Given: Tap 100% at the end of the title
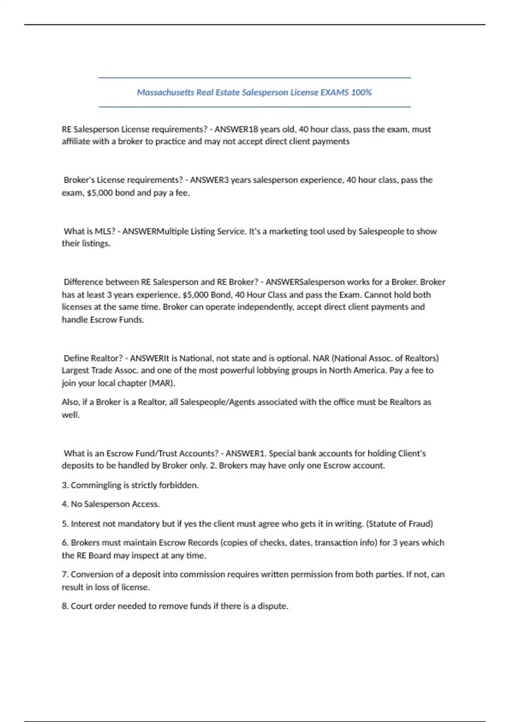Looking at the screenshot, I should pyautogui.click(x=361, y=93).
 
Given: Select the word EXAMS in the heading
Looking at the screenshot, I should pyautogui.click(x=334, y=93).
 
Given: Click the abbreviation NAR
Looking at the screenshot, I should pyautogui.click(x=321, y=358).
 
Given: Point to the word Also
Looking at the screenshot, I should pyautogui.click(x=70, y=402).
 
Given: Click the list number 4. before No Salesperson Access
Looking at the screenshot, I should pyautogui.click(x=65, y=504).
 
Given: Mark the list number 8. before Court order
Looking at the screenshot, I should pyautogui.click(x=65, y=606).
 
